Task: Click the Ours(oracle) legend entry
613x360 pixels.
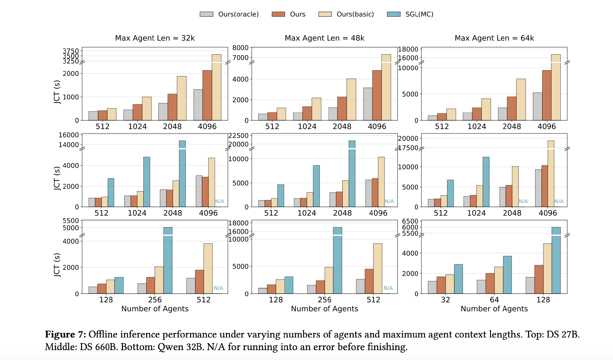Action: coord(229,14)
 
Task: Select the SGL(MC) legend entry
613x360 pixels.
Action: coord(410,14)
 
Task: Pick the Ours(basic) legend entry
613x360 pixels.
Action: coord(346,14)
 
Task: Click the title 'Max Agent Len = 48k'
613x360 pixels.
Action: coord(324,38)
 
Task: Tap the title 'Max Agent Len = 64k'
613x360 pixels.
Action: coord(494,38)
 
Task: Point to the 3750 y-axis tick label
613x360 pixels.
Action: coord(71,51)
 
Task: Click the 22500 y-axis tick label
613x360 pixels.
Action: coord(238,136)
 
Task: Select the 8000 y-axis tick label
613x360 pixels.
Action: coord(240,48)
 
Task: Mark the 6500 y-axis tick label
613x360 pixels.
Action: coord(410,221)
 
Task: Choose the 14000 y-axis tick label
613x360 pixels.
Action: coord(68,145)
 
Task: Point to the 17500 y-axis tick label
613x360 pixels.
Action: coord(408,148)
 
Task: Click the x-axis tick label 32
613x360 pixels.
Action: coord(445,300)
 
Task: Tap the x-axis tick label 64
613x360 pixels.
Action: coord(494,300)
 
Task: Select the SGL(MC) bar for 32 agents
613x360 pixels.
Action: coord(458,279)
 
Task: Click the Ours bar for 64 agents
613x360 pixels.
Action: coord(490,283)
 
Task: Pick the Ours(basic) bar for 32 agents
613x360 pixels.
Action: coord(450,284)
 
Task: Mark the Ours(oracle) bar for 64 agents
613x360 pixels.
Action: coord(481,287)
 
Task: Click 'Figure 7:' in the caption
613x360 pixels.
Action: coord(65,334)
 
